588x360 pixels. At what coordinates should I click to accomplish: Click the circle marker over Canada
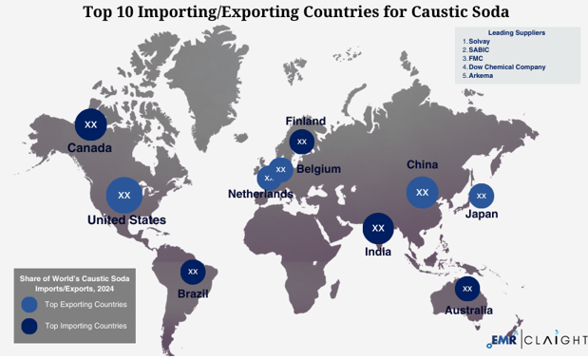[x=91, y=124]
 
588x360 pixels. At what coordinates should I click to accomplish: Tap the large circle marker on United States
[x=124, y=195]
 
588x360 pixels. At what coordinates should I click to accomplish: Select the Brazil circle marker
[x=193, y=272]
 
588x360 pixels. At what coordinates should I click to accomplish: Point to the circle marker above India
[x=378, y=228]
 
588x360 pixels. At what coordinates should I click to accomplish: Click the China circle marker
[x=423, y=192]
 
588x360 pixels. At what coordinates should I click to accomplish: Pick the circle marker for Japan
[x=481, y=196]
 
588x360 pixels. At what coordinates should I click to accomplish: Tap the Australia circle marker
[x=466, y=288]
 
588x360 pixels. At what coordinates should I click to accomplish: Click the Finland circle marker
[x=302, y=142]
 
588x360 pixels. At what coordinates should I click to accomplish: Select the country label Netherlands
[x=260, y=194]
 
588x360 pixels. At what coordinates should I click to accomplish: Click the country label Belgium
[x=318, y=169]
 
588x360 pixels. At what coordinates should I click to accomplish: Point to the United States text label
[x=126, y=220]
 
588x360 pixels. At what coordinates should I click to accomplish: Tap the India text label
[x=378, y=252]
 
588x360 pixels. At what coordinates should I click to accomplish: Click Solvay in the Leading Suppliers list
[x=480, y=41]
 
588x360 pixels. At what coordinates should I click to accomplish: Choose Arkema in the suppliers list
[x=481, y=75]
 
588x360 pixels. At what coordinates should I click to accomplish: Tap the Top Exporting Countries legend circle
[x=29, y=304]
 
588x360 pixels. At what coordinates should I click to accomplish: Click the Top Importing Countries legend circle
[x=29, y=326]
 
